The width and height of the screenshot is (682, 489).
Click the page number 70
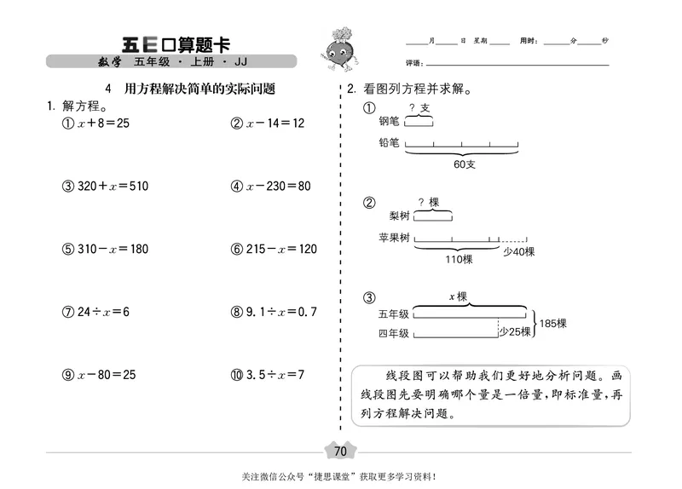point(340,451)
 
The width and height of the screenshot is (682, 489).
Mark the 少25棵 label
point(515,332)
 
